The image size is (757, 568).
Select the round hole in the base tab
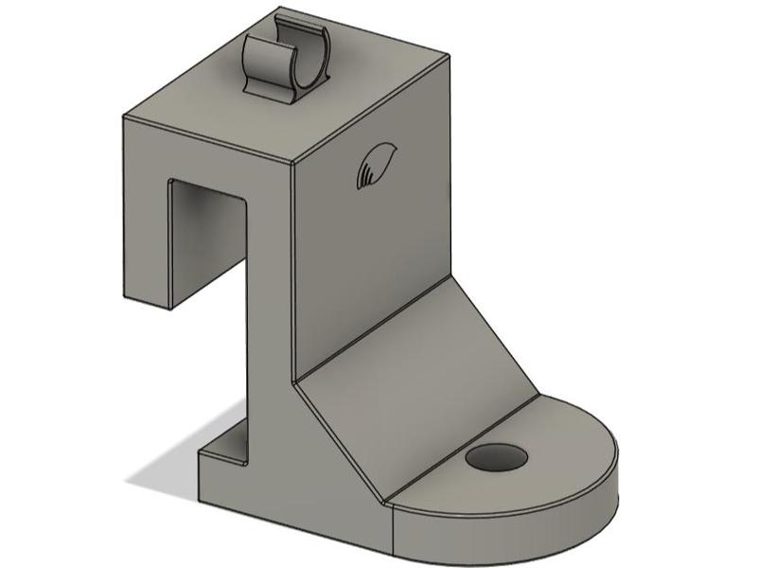(x=496, y=457)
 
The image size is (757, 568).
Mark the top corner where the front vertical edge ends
(x=292, y=162)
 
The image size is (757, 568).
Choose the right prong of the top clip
(x=317, y=52)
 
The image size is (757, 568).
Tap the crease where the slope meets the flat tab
(x=464, y=445)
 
